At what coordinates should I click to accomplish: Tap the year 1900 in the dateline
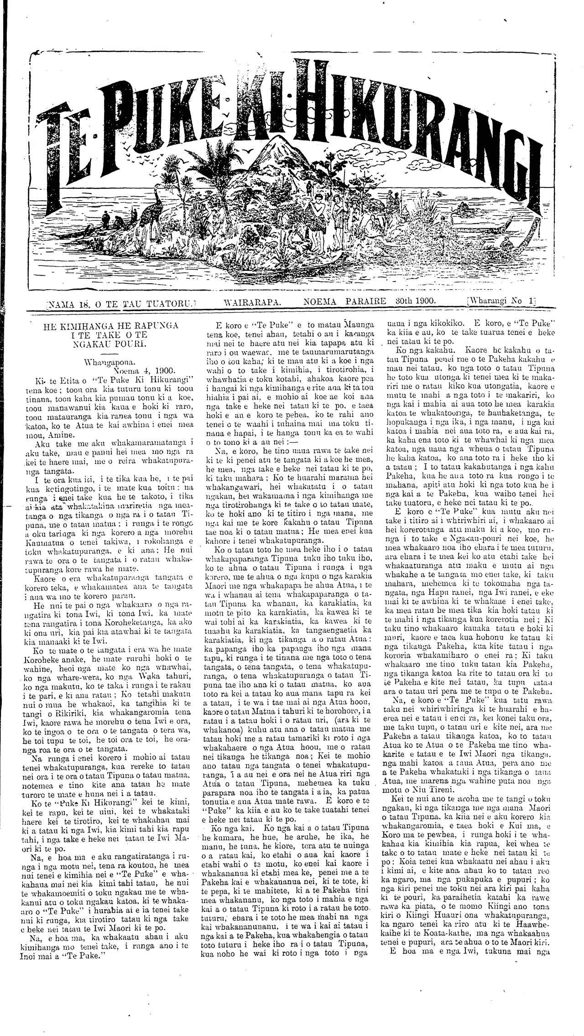click(423, 301)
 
